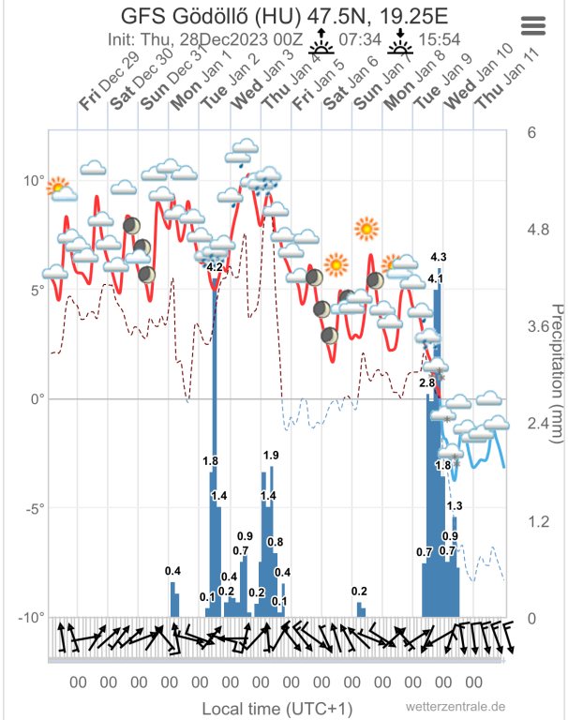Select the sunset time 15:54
[440, 40]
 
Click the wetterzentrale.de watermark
[456, 706]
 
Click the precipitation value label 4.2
[214, 267]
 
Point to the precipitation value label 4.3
[438, 257]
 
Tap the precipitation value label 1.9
[271, 456]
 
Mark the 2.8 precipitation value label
[426, 382]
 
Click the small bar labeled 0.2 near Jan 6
[361, 609]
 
